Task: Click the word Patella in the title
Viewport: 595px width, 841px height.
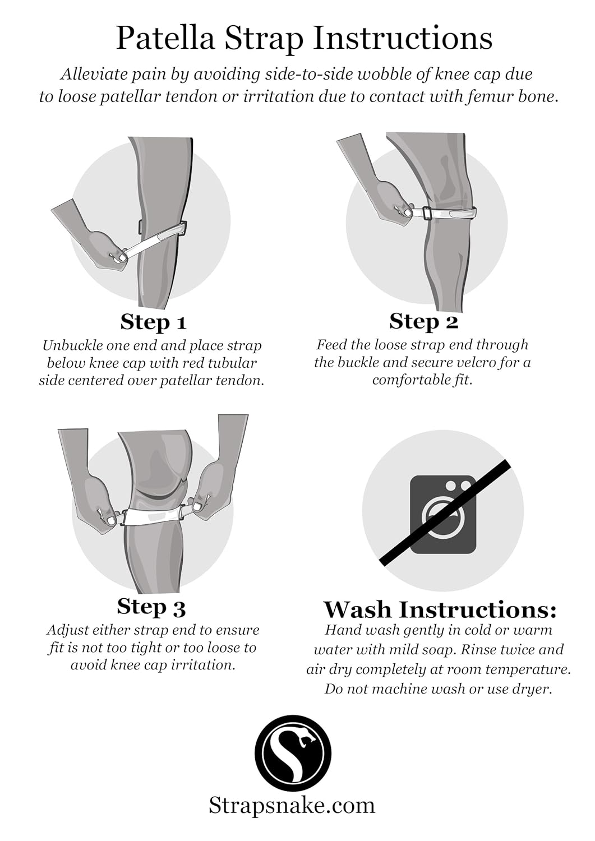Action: [165, 38]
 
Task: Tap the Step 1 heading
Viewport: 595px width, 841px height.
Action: [153, 322]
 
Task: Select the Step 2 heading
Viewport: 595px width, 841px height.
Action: [424, 321]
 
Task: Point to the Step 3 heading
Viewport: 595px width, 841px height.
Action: [151, 607]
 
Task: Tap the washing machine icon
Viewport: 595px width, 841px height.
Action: [443, 514]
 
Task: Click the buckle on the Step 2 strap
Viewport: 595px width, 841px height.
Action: [426, 213]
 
